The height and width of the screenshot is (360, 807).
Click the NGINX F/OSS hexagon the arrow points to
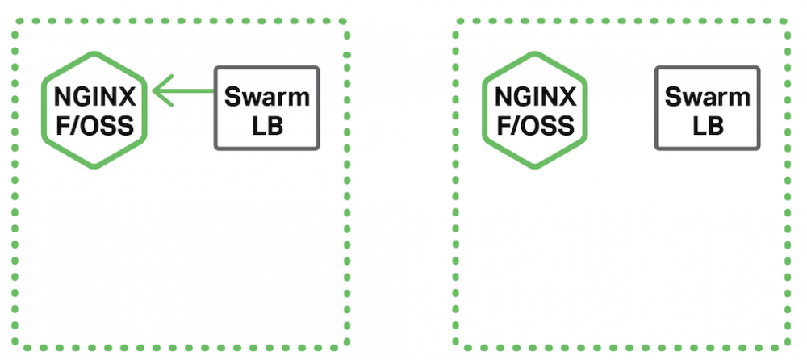(x=94, y=110)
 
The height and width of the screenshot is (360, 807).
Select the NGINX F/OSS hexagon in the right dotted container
(x=534, y=110)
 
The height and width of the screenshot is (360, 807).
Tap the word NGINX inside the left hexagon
(x=94, y=97)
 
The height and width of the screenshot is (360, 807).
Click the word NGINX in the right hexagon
(x=534, y=97)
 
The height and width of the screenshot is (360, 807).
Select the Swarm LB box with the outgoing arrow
(x=267, y=108)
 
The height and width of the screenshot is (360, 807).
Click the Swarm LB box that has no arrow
(x=707, y=108)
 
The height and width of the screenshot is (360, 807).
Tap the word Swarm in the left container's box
(x=267, y=97)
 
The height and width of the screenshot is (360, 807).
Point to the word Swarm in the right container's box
(x=707, y=97)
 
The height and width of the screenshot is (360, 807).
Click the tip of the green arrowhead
(x=153, y=90)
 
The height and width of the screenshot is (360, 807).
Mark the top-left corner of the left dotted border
(x=14, y=22)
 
